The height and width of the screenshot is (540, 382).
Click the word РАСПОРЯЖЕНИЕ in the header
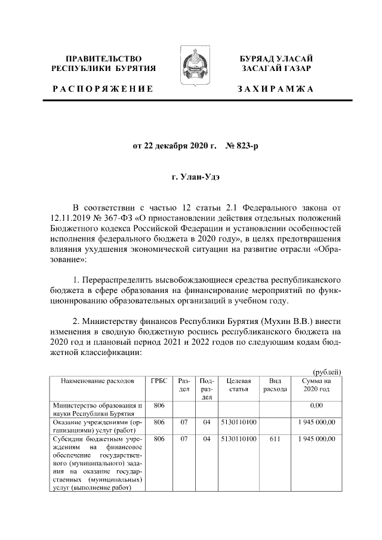pos(103,88)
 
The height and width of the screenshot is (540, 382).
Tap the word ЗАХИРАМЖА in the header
pos(276,88)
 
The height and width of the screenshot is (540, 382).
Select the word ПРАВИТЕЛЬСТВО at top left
pos(103,58)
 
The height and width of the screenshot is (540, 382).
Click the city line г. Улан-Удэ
pos(191,178)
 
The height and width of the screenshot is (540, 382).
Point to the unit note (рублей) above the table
pos(327,371)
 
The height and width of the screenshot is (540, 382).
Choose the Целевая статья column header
pos(238,385)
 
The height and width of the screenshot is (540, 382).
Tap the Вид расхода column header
pos(275,385)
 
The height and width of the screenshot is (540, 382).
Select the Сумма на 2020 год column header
pos(316,385)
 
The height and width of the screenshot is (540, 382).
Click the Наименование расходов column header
pos(97,381)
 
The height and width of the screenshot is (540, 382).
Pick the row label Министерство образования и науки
pos(97,409)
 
